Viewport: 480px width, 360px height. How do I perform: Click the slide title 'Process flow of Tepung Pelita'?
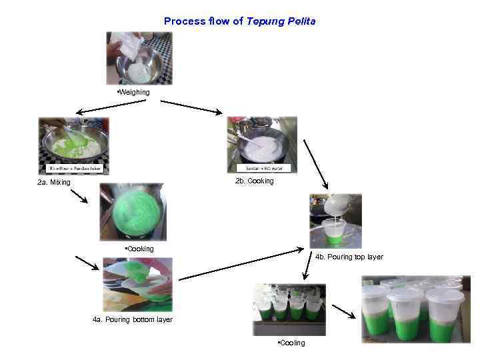[x=240, y=21]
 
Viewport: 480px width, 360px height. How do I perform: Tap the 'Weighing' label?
[x=133, y=91]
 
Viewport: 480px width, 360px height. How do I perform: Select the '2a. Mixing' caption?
[x=54, y=182]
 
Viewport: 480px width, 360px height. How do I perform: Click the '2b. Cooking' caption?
[x=254, y=181]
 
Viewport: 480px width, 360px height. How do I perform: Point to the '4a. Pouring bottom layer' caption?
[x=132, y=319]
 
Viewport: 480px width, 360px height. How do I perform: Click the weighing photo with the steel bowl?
[x=139, y=58]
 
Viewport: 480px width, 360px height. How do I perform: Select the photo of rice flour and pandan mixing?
[x=73, y=145]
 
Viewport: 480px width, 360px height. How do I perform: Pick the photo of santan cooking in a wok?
[x=262, y=144]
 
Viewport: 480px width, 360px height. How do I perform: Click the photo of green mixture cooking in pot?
[x=133, y=211]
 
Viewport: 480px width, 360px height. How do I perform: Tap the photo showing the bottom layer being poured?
[x=137, y=285]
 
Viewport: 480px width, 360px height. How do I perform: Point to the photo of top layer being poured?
[x=335, y=221]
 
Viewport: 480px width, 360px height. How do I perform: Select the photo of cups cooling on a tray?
[x=289, y=309]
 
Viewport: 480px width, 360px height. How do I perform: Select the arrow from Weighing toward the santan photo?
[x=191, y=107]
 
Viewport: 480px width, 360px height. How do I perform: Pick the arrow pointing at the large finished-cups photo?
[x=344, y=312]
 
